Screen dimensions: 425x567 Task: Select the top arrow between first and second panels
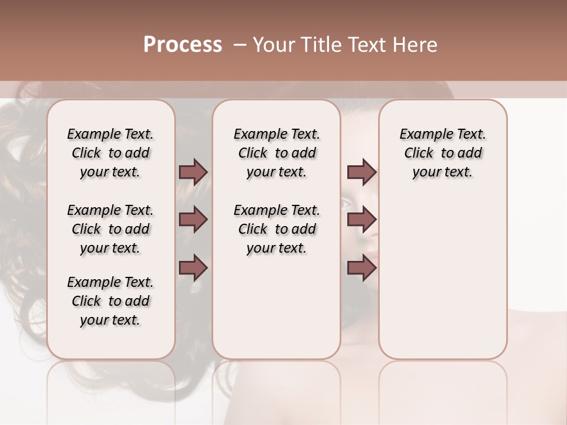[193, 172]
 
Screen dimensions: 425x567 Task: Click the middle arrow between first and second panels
[193, 220]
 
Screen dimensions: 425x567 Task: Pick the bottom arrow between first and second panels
[193, 268]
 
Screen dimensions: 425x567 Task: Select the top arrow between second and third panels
[361, 172]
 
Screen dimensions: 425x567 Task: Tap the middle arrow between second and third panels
[361, 220]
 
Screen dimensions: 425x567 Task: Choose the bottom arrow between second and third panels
[361, 268]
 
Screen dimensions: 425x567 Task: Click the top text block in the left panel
[110, 153]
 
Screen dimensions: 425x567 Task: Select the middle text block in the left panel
[110, 229]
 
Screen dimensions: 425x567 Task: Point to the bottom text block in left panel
[110, 301]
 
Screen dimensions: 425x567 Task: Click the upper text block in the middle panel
[276, 153]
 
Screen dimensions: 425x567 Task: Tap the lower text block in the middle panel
[276, 229]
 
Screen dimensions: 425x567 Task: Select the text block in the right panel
[442, 153]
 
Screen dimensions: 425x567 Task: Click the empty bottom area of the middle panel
[276, 313]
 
